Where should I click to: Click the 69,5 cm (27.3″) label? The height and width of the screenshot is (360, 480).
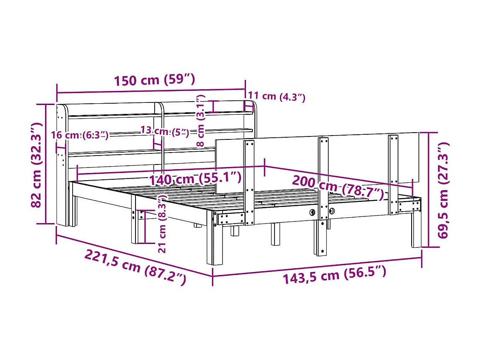tap(444, 190)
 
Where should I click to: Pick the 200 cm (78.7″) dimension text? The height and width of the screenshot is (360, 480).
tap(338, 187)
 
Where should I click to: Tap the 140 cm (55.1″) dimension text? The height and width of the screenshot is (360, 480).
tap(195, 179)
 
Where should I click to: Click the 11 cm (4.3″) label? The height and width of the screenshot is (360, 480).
tap(277, 96)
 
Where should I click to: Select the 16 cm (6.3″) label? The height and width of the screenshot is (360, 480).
tap(79, 135)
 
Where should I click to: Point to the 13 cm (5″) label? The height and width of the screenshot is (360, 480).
tap(164, 131)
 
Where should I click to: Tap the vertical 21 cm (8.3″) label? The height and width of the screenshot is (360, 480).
tap(162, 224)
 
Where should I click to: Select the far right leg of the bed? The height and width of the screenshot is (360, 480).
tap(416, 230)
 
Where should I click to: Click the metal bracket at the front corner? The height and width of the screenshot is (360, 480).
tap(231, 218)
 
